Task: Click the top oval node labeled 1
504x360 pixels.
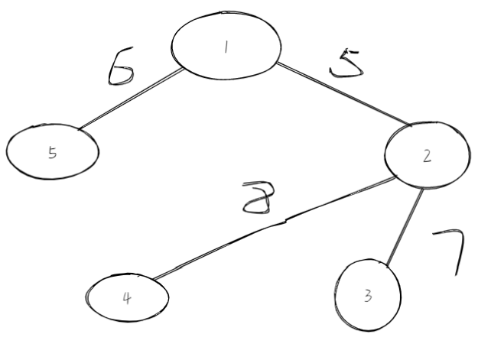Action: (x=225, y=47)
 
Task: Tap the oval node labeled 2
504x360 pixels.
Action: (x=427, y=156)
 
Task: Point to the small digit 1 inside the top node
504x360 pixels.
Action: (x=226, y=47)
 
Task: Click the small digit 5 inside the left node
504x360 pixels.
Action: (x=52, y=152)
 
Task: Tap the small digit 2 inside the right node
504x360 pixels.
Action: (x=427, y=157)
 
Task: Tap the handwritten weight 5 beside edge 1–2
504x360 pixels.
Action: (x=346, y=64)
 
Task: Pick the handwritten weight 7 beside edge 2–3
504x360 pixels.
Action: (x=450, y=251)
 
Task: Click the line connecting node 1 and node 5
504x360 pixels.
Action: (x=130, y=99)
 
